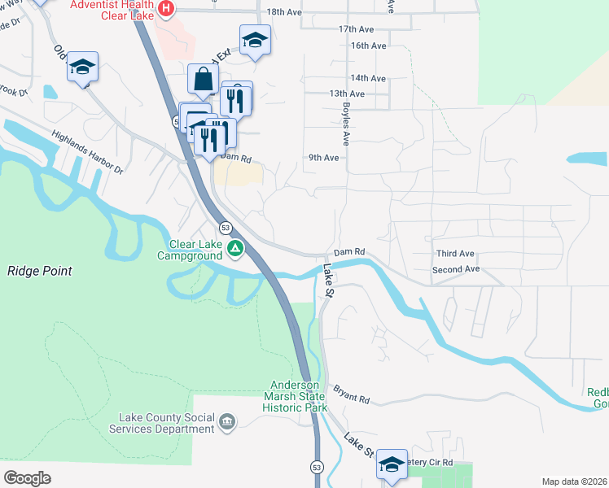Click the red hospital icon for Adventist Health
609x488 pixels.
click(166, 9)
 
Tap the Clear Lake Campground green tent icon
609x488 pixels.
click(234, 248)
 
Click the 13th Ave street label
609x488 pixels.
click(347, 94)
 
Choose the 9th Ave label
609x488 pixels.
click(323, 158)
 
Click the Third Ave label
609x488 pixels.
click(455, 254)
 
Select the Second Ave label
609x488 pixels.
click(456, 269)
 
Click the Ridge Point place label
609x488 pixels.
click(40, 271)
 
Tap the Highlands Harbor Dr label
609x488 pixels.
click(86, 153)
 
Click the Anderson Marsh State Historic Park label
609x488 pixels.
click(299, 396)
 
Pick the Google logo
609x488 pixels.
click(27, 477)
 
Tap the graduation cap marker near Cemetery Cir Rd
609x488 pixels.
click(392, 464)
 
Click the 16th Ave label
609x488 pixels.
click(368, 46)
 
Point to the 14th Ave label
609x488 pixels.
click(368, 78)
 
